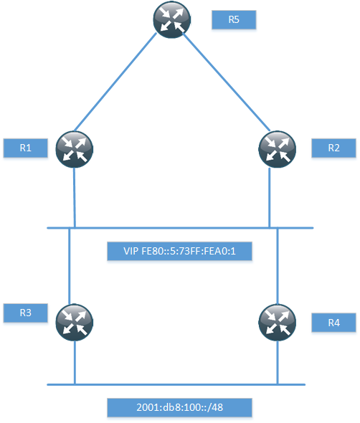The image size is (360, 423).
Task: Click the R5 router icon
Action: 172,19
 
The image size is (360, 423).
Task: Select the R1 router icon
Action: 75,149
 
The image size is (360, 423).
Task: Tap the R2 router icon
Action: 277,149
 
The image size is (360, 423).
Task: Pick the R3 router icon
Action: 75,323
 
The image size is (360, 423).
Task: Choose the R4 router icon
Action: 277,323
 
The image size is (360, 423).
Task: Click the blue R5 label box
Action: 234,19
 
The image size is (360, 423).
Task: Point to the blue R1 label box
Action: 26,148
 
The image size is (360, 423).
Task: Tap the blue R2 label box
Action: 333,148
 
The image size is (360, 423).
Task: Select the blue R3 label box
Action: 26,313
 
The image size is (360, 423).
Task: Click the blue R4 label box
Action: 333,323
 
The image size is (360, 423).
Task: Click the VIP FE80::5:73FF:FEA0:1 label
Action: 180,251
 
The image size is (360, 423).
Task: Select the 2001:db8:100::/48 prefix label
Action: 180,407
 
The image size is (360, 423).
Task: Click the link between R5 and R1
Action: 115,82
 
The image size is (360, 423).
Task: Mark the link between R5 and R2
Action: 227,82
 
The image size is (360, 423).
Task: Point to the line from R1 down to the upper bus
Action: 75,198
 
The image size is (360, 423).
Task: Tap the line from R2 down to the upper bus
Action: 270,198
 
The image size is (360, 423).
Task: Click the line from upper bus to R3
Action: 70,266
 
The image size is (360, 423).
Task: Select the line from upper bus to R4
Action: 278,266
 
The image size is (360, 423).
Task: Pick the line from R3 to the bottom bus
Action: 75,363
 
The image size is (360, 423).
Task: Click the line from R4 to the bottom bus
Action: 278,363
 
